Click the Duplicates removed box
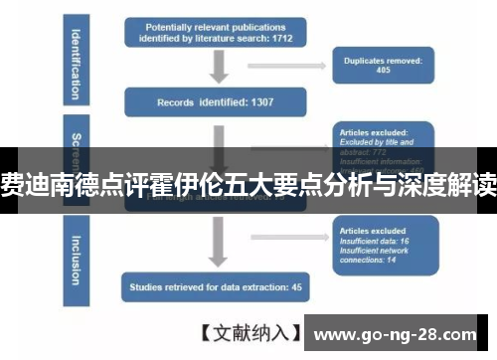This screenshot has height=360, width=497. pyautogui.click(x=382, y=67)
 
